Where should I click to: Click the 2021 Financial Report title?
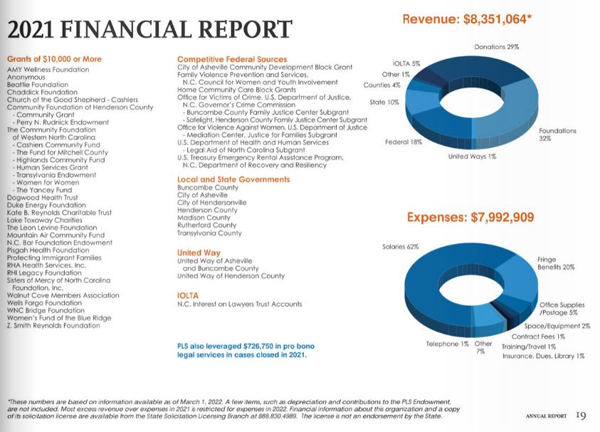[x=149, y=29]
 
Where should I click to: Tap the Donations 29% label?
[x=496, y=47]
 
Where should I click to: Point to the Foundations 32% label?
[x=557, y=135]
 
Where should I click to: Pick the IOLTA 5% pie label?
[x=406, y=63]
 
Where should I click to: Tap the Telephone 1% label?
[x=447, y=344]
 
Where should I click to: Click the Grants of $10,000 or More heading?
[x=54, y=59]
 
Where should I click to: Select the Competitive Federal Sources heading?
[x=232, y=59]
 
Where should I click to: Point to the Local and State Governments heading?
[x=233, y=179]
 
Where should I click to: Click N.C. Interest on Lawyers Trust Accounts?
[x=239, y=304]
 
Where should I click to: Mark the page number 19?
[x=581, y=416]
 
